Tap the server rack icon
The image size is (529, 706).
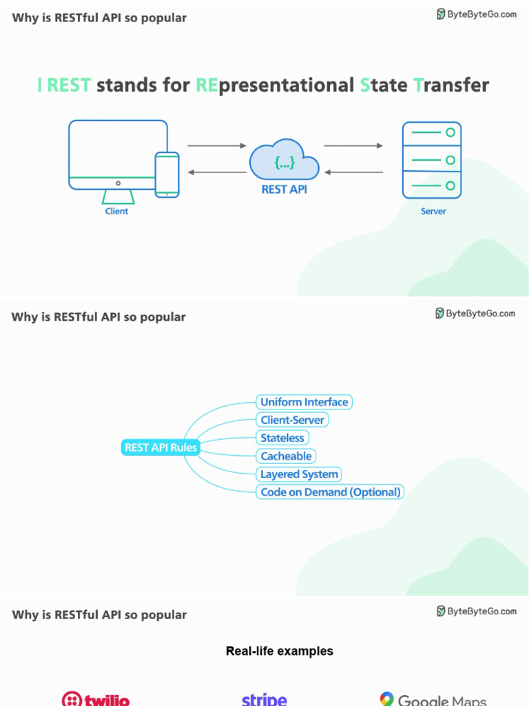coord(432,160)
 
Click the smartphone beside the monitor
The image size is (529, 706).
coord(167,174)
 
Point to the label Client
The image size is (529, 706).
coord(116,212)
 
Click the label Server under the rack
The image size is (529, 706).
coord(433,212)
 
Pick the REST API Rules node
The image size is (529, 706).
coord(160,447)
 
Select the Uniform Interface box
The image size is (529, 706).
coord(304,402)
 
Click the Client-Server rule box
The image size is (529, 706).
coord(292,420)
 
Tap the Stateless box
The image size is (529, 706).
coord(282,438)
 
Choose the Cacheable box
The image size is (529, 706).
coord(286,456)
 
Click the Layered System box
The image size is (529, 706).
coord(299,474)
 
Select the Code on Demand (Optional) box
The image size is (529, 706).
coord(330,492)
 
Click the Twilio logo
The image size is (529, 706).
coord(96,699)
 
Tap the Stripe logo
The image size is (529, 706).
coord(264,699)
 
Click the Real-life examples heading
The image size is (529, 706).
coord(279,651)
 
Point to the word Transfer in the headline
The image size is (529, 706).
coord(451,85)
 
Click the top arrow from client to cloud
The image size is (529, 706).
coord(216,145)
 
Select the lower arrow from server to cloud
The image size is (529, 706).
coord(353,172)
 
